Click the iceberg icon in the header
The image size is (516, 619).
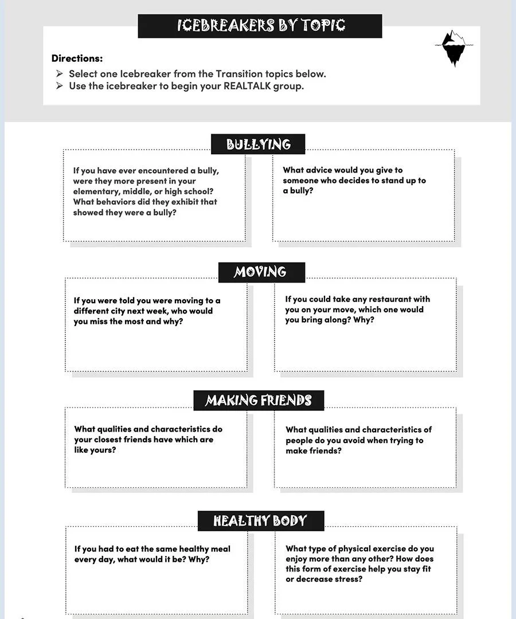point(456,48)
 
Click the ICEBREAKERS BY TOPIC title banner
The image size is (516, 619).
point(260,26)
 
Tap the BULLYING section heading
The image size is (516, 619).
point(258,144)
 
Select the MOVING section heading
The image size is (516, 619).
point(261,272)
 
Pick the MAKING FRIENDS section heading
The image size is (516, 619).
point(259,400)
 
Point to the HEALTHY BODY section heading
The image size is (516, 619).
point(260,521)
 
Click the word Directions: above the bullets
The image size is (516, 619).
point(77,58)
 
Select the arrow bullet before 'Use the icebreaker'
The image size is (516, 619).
point(59,86)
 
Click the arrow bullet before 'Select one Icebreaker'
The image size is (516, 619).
point(59,73)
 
